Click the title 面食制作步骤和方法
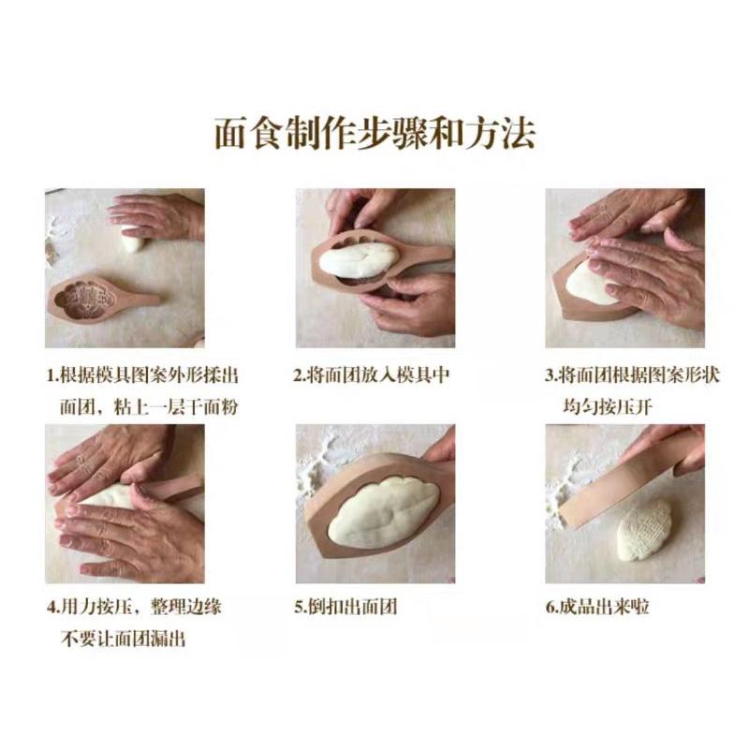tap(374, 133)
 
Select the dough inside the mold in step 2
tap(360, 258)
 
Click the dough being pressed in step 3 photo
tap(588, 281)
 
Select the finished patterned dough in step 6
tap(644, 530)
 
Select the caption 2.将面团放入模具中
tap(372, 376)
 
